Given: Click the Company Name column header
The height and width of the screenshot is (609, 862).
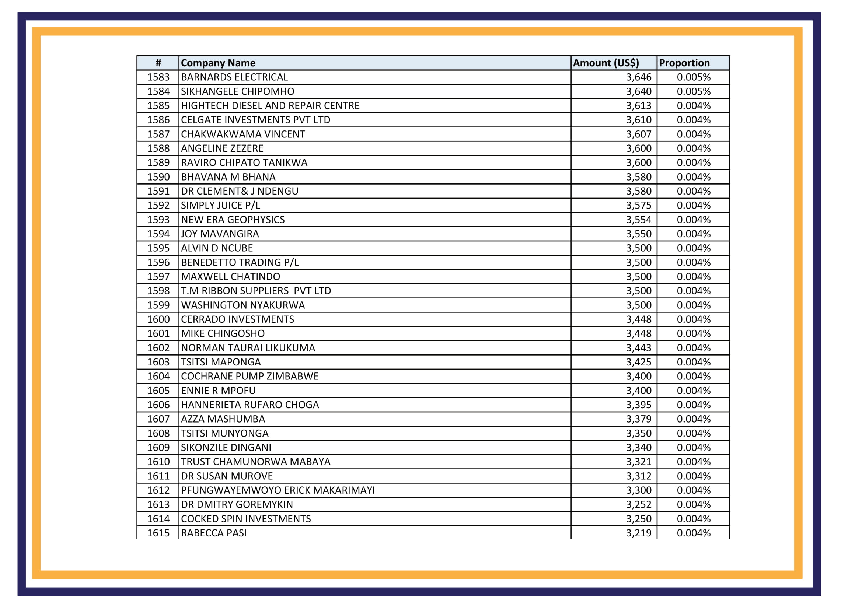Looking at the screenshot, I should (218, 63).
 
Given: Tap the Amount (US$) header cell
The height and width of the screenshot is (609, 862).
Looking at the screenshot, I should (606, 63).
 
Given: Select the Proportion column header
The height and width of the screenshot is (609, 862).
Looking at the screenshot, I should (684, 63).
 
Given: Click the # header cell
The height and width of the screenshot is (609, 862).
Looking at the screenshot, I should (158, 63).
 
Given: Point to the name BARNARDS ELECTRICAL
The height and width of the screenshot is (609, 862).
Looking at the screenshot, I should (234, 77).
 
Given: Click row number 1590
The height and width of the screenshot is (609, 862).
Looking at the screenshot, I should (158, 177).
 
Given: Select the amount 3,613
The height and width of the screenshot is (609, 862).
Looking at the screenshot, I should (638, 105).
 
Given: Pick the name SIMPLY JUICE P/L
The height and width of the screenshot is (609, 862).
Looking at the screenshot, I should (220, 205).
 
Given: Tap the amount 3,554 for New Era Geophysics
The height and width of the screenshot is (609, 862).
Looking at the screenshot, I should (638, 220).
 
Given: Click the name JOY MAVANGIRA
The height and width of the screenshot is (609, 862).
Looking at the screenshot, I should (220, 234).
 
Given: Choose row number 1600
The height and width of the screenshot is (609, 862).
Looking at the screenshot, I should (158, 319).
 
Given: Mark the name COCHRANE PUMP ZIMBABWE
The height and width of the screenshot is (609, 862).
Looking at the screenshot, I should (249, 376).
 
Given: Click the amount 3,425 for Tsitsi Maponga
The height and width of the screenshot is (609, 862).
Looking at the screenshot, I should (638, 362).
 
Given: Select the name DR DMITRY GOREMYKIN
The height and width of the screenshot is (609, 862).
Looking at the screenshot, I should (237, 504).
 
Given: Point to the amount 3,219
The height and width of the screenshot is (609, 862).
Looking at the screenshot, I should (638, 533).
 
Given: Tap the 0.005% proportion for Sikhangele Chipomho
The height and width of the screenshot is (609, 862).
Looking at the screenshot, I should (694, 91).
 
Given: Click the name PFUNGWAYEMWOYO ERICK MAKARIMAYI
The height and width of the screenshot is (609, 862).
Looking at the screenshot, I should (278, 490).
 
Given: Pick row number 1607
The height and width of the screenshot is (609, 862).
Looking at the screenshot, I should (158, 419).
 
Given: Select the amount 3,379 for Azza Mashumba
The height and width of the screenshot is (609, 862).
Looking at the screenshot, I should (638, 419).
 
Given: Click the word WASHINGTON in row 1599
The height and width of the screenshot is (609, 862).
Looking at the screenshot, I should (210, 305).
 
